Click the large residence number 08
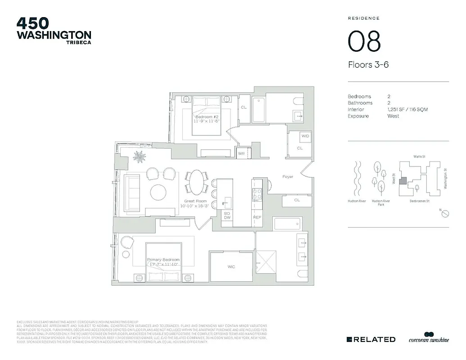(364, 41)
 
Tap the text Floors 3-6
(368, 65)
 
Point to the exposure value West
(393, 116)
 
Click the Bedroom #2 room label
(207, 119)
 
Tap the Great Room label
(195, 202)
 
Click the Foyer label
(288, 177)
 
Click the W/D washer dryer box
(305, 136)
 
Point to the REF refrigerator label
(257, 217)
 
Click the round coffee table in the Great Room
(158, 193)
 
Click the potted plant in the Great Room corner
(140, 157)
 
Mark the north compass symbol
(444, 214)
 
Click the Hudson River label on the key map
(357, 201)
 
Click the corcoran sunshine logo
(428, 338)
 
